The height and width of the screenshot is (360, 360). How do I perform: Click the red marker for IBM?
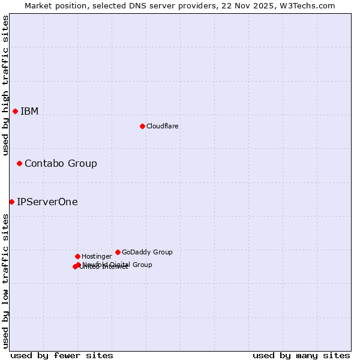coord(15,111)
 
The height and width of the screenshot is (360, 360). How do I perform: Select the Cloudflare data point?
coord(142,126)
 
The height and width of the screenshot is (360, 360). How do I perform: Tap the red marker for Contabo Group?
coord(19,163)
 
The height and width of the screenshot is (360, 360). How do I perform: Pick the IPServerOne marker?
coord(11,202)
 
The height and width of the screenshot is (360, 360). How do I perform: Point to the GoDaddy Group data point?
coord(118,252)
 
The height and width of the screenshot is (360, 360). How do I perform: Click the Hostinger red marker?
coord(77,256)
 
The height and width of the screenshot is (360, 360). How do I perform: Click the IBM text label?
coord(29,111)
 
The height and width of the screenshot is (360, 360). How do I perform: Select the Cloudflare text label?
coord(162,126)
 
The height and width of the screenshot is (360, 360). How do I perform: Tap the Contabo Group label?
coord(61,163)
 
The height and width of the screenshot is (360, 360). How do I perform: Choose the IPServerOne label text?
coord(47,202)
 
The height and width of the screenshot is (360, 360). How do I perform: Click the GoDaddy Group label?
coord(147,252)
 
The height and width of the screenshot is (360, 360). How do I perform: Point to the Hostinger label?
coord(97,256)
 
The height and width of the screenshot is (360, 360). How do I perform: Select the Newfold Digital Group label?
coord(118,264)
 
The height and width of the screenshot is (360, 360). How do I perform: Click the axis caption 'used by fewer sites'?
coord(62,355)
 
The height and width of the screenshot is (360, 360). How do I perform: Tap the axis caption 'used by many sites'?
coord(301,355)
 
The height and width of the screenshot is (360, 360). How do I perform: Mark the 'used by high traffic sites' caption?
coord(5,85)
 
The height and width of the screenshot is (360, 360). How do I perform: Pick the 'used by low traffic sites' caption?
coord(5,280)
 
